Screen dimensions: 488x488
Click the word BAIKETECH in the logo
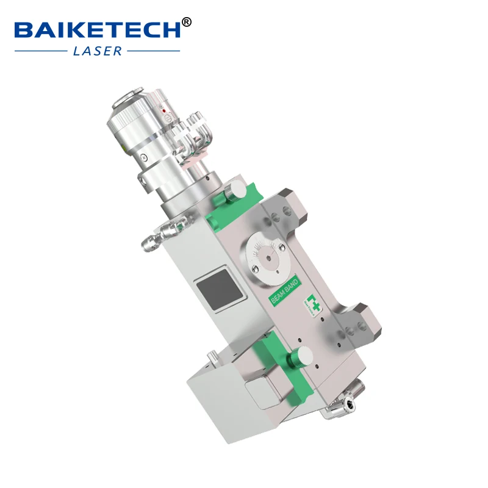coord(98,29)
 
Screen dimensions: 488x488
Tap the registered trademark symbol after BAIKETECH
coord(187,22)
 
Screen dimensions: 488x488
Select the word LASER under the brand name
coord(98,51)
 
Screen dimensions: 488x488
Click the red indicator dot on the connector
coord(163,110)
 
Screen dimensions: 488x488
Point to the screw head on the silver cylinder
coord(142,157)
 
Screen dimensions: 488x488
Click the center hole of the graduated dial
coord(266,259)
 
